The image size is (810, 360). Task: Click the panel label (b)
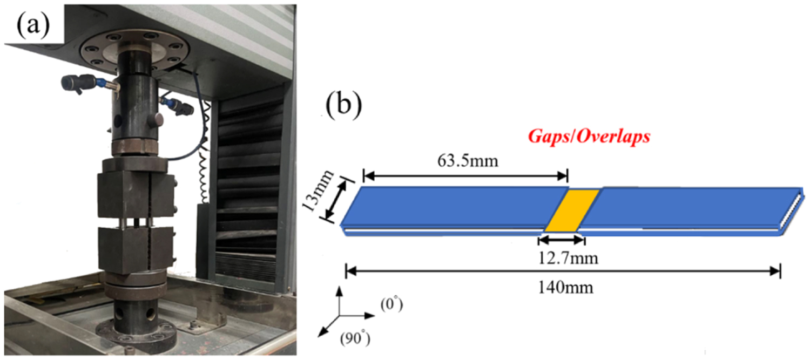[344, 106]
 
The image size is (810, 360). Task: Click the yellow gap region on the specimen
[571, 210]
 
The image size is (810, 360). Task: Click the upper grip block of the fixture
[136, 193]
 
